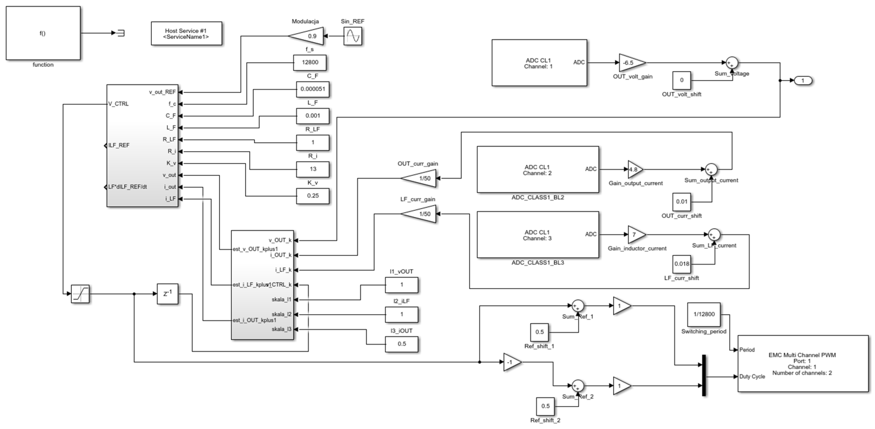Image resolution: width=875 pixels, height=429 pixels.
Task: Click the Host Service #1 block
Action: [x=186, y=33]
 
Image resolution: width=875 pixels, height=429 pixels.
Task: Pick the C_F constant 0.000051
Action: [x=313, y=89]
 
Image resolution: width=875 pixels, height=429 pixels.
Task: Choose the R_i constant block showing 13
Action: [x=313, y=169]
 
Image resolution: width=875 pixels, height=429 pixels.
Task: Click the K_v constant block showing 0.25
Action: [x=313, y=196]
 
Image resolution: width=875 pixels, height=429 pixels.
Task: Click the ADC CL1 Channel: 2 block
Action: [x=537, y=170]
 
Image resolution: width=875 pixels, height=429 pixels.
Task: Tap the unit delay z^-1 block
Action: [x=167, y=294]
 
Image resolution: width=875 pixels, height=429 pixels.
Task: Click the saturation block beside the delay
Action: [x=80, y=294]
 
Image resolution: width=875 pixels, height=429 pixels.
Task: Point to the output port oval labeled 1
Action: [x=803, y=81]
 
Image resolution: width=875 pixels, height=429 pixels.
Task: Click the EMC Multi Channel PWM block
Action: [x=802, y=363]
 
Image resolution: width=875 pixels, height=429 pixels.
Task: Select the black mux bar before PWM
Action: [x=704, y=375]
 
